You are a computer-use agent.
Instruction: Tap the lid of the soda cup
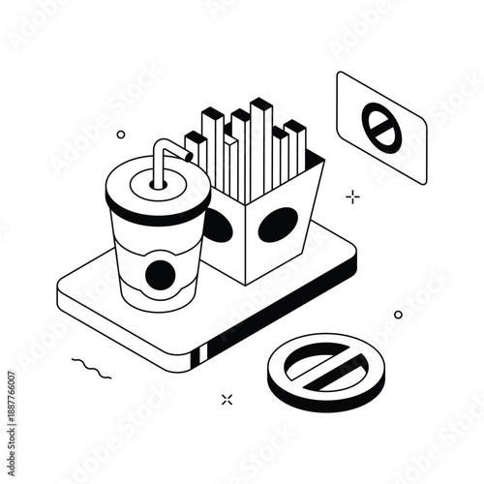[x=155, y=191]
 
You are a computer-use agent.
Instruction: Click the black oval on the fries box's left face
[x=219, y=226]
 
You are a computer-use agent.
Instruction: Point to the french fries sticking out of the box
[x=247, y=145]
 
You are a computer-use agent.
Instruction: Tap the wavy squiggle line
[x=91, y=366]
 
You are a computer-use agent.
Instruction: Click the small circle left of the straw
[x=121, y=135]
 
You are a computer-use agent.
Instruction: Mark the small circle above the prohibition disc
[x=398, y=315]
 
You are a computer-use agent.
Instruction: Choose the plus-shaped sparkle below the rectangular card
[x=353, y=197]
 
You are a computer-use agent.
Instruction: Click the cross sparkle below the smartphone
[x=227, y=398]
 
